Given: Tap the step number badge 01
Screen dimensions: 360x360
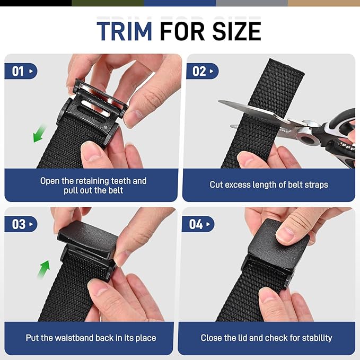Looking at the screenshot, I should [x=21, y=71].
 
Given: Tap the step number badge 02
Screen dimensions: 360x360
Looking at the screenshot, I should [x=202, y=71].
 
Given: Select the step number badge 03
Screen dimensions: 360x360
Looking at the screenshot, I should [x=21, y=224].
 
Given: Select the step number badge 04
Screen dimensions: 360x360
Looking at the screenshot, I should [x=198, y=224].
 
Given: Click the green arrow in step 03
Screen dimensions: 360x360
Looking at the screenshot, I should [x=43, y=269].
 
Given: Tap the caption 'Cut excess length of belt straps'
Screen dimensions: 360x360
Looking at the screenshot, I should [x=268, y=185].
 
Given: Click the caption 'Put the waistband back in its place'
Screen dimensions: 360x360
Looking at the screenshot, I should [x=91, y=338].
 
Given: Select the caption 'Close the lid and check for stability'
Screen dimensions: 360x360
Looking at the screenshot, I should [x=266, y=338].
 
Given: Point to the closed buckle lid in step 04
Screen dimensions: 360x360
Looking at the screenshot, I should [x=278, y=241].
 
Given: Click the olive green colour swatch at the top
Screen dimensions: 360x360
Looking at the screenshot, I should [x=108, y=3].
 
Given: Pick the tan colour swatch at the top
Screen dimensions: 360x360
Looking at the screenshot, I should [x=323, y=3].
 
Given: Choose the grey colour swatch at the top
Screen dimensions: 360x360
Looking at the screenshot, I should [x=252, y=3].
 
